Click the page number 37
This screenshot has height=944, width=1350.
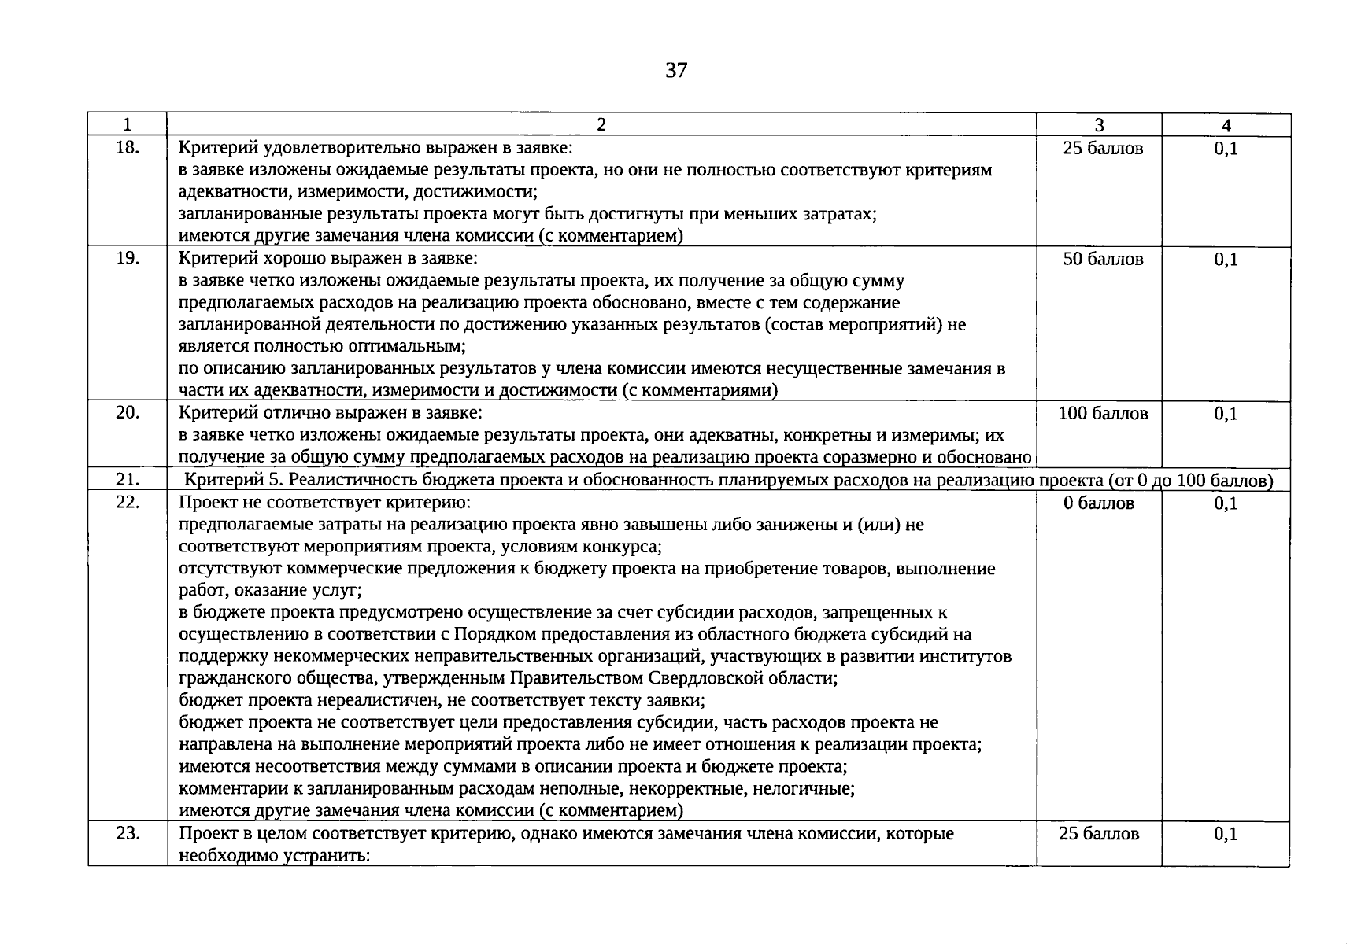point(676,71)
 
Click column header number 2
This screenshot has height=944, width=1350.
point(601,125)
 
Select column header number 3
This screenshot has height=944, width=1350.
point(1099,125)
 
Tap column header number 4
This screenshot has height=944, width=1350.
point(1226,125)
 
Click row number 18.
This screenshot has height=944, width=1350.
point(128,147)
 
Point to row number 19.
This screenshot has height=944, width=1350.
point(128,258)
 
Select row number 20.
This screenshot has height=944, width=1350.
point(128,412)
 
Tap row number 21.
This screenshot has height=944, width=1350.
point(128,480)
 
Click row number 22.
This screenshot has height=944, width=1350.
point(128,502)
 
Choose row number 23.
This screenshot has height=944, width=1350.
point(128,833)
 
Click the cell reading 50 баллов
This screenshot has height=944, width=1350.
point(1103,259)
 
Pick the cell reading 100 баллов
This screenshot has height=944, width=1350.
point(1103,413)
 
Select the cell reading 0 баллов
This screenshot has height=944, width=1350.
point(1099,503)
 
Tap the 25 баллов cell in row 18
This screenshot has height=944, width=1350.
point(1103,148)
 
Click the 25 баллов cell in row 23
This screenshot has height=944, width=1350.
point(1099,834)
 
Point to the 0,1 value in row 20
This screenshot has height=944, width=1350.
point(1226,413)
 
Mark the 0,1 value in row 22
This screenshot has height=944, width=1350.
point(1226,503)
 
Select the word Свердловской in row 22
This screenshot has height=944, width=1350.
point(702,678)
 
